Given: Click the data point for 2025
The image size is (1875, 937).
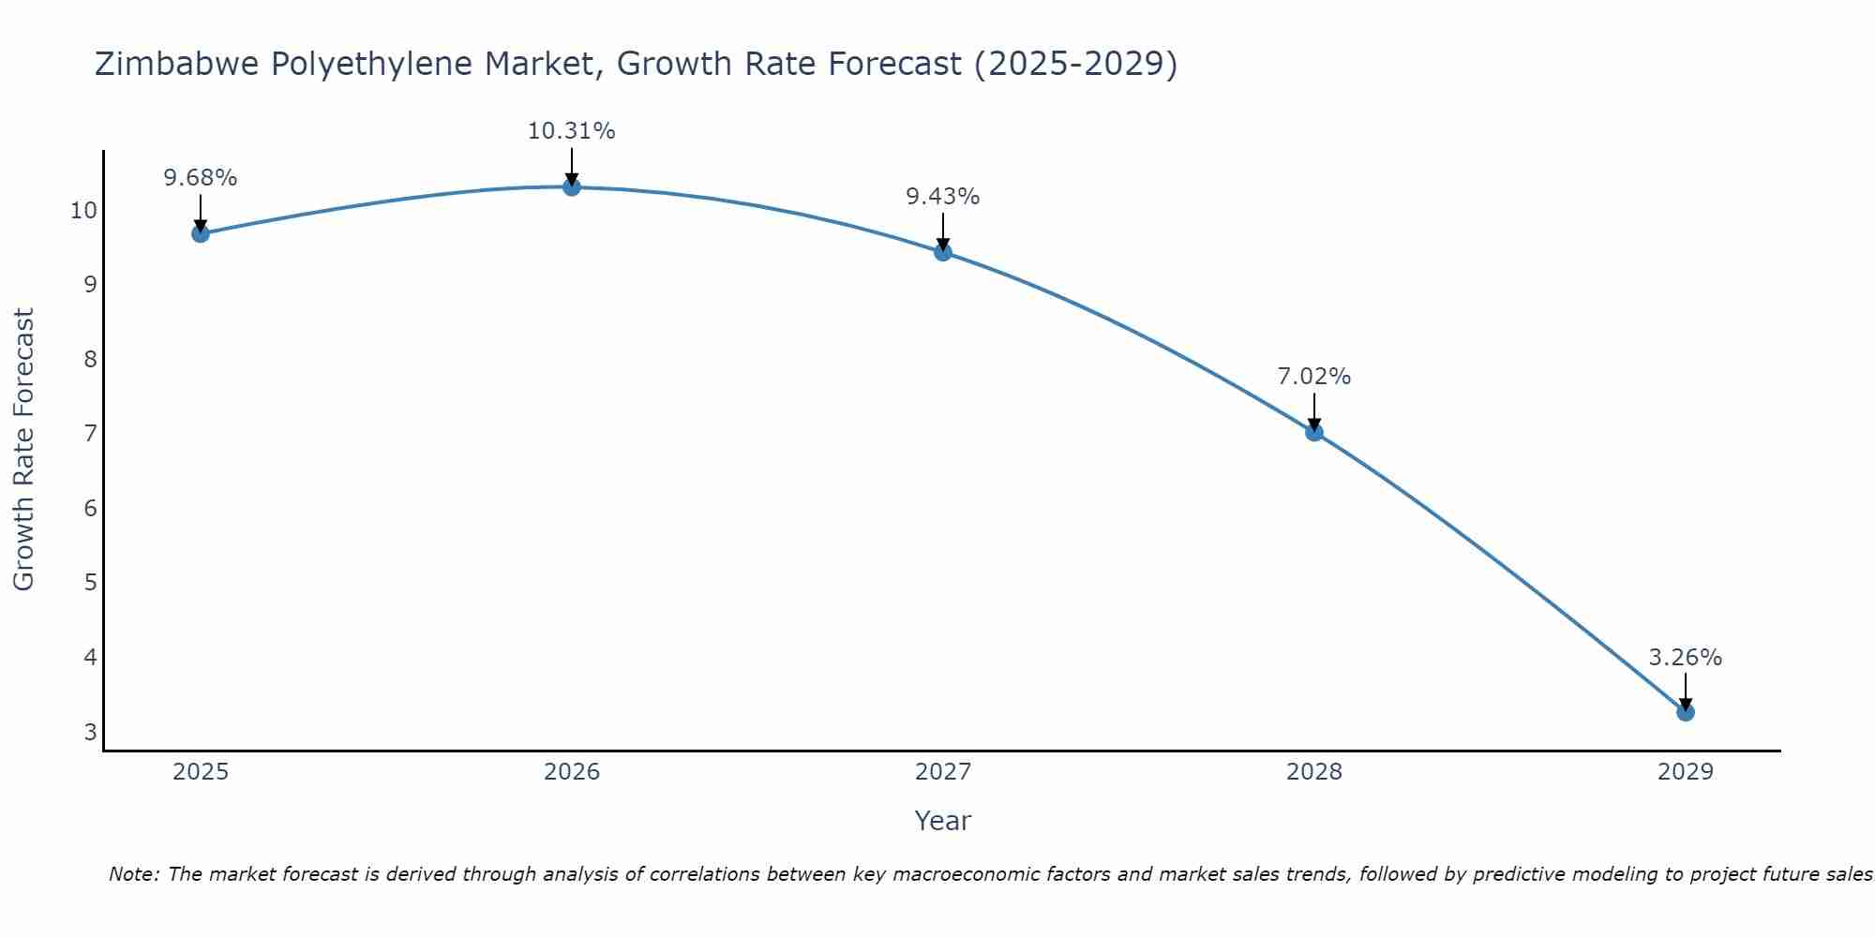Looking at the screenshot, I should [201, 233].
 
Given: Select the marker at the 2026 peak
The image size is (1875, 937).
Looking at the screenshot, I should [572, 186].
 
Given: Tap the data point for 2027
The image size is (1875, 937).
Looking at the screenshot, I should [943, 252].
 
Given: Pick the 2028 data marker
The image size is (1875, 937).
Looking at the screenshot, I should [1314, 432].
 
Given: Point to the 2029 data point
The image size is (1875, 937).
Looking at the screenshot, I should [1686, 712].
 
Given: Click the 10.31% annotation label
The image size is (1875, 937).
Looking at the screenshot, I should [571, 131].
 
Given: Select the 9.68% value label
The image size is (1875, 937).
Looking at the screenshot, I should [200, 178].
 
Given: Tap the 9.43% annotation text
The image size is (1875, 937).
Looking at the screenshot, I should [942, 197].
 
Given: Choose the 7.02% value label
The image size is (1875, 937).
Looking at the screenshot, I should [1313, 377].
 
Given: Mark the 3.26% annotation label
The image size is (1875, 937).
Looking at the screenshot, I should [1685, 658].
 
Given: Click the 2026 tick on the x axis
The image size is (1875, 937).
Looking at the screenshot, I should [572, 772].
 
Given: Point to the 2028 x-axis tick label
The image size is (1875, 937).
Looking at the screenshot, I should [1314, 772].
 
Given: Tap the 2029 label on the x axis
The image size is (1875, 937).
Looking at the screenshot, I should [1686, 772].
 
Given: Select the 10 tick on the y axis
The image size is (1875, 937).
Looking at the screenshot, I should [83, 210].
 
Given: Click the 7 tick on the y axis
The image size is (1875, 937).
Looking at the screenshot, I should [90, 434].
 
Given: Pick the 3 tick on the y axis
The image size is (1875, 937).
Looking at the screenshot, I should [90, 732].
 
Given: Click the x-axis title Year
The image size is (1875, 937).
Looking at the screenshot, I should [942, 821].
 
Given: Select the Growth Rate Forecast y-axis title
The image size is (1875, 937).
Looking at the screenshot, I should [23, 450].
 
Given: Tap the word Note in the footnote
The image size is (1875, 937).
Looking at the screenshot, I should [134, 874].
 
